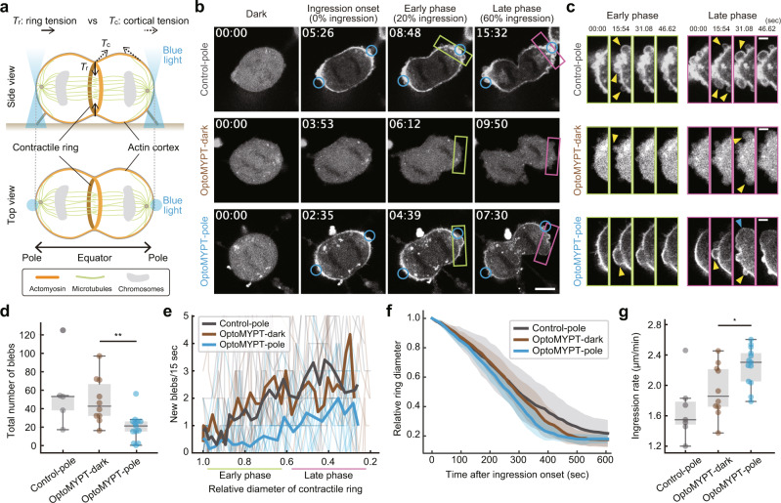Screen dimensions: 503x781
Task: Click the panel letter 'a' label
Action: click(x=7, y=9)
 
